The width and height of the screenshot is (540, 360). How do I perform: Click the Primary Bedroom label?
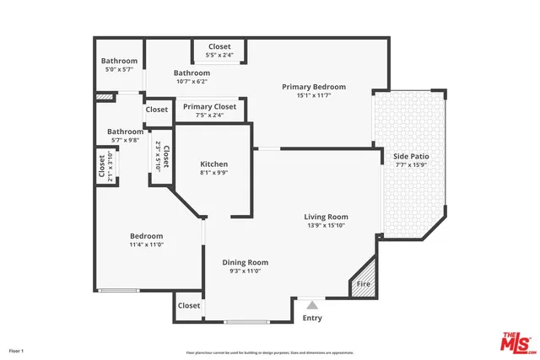pyautogui.click(x=314, y=87)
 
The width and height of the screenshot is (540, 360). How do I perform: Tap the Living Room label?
pyautogui.click(x=326, y=217)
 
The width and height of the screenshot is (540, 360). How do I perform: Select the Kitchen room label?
pyautogui.click(x=213, y=164)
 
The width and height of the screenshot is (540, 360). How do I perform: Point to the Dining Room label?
pyautogui.click(x=246, y=262)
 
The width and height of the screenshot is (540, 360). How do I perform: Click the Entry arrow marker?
pyautogui.click(x=312, y=304)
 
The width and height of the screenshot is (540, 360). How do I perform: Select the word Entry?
pyautogui.click(x=312, y=318)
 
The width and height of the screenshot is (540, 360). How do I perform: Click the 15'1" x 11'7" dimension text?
pyautogui.click(x=314, y=96)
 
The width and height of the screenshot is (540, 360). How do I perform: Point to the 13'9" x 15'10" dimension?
pyautogui.click(x=326, y=226)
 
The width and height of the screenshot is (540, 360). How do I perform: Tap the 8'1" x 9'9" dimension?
pyautogui.click(x=213, y=173)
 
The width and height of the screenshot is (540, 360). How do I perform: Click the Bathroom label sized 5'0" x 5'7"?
pyautogui.click(x=119, y=61)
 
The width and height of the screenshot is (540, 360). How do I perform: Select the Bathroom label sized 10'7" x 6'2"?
pyautogui.click(x=192, y=73)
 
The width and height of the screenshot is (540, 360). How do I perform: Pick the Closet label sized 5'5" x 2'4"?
pyautogui.click(x=219, y=46)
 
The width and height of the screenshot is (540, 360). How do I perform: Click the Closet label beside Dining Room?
pyautogui.click(x=189, y=306)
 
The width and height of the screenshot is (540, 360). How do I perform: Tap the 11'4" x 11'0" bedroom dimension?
pyautogui.click(x=146, y=245)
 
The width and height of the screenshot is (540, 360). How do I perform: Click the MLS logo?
pyautogui.click(x=516, y=343)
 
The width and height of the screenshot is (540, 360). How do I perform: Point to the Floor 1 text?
pyautogui.click(x=17, y=350)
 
